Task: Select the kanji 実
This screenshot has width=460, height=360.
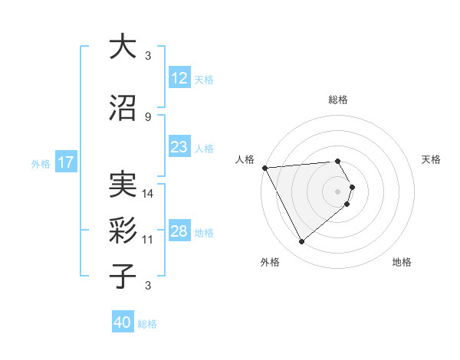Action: [x=123, y=186]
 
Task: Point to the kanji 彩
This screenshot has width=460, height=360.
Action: [x=123, y=230]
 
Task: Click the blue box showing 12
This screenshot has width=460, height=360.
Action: [x=179, y=78]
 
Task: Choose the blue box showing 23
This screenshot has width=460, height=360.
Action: [x=179, y=148]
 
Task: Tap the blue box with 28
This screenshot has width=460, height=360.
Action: [x=179, y=232]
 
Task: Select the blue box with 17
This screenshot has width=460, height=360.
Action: [x=65, y=162]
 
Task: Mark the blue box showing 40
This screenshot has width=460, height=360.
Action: [x=122, y=322]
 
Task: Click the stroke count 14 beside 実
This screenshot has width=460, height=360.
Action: [x=148, y=194]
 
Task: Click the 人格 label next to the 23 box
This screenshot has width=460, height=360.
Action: [x=204, y=149]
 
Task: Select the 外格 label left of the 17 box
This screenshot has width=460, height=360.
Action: [x=40, y=163]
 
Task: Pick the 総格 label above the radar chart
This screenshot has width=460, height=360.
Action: [x=337, y=100]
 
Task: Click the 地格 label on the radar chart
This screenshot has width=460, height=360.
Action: [x=402, y=262]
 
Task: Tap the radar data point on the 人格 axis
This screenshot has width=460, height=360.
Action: [x=264, y=167]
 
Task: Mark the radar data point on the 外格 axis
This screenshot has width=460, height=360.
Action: [x=301, y=242]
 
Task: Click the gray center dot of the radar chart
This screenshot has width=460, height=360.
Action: [x=337, y=191]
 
